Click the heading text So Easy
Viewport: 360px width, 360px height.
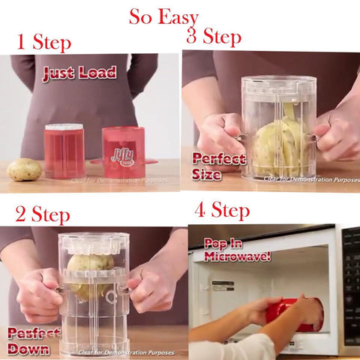point(163,16)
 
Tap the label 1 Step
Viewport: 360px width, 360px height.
point(44,42)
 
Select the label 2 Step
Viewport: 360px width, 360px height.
point(43,214)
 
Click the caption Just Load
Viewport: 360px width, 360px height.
point(79,73)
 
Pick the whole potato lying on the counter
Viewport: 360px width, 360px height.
point(24,169)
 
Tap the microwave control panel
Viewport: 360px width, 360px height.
point(350,285)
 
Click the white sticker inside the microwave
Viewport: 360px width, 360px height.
point(223,286)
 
